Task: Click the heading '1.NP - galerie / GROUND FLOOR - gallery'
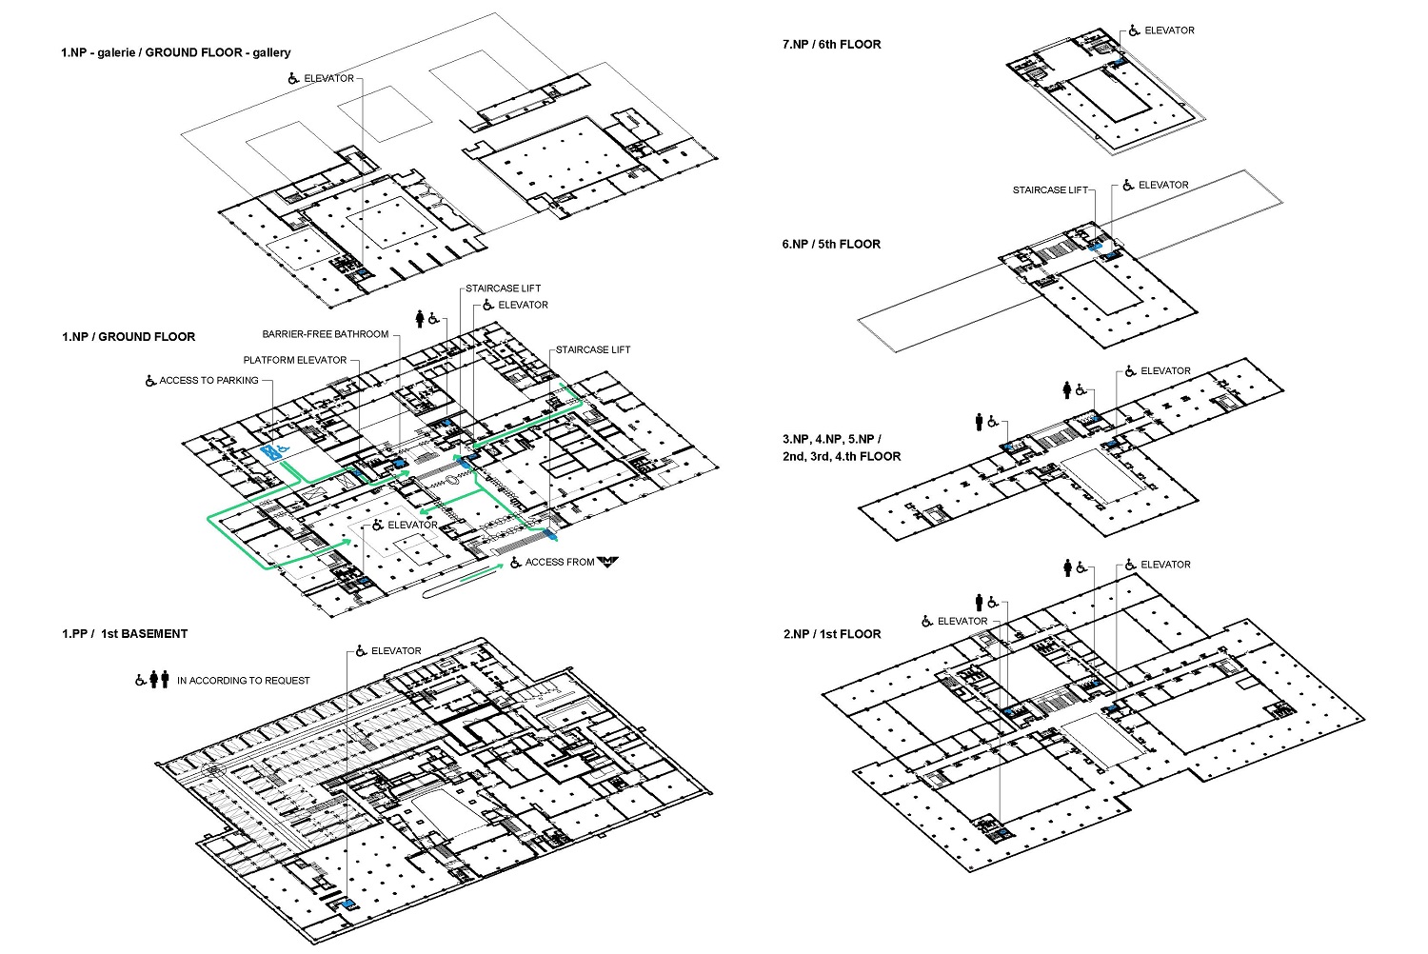click(176, 52)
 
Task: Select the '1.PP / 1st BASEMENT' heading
click(125, 633)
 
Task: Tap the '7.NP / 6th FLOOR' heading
click(831, 44)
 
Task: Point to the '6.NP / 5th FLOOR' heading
click(831, 244)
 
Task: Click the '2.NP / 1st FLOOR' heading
click(832, 634)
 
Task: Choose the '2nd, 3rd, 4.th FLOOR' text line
click(842, 456)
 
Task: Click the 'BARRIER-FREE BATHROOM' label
click(326, 334)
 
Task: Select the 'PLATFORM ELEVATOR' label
click(294, 360)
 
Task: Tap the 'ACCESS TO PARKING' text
click(209, 380)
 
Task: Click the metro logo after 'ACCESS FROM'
click(607, 561)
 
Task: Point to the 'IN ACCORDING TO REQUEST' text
click(244, 681)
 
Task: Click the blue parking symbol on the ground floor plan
click(274, 452)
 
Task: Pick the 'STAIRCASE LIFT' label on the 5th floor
click(1050, 189)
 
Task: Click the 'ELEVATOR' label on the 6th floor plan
click(1169, 30)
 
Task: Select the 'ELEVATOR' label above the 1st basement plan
click(396, 650)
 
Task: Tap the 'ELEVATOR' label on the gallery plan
click(329, 78)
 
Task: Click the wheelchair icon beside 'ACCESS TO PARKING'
click(150, 380)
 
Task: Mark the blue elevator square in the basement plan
click(348, 904)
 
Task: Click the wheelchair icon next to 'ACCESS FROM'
click(516, 562)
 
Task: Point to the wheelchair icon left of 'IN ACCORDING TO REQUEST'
click(140, 680)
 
